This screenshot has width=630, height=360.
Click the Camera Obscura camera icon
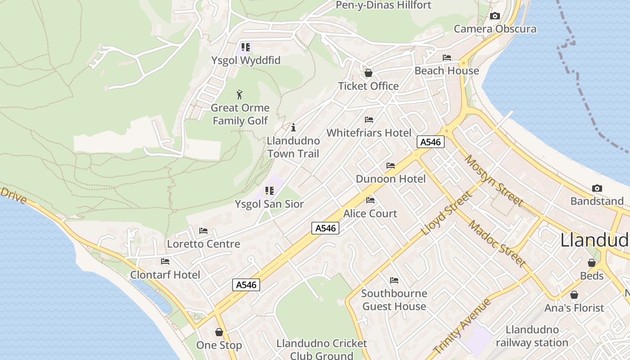click(x=495, y=16)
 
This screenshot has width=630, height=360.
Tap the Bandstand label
click(x=597, y=201)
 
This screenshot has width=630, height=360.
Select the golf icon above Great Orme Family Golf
click(x=239, y=94)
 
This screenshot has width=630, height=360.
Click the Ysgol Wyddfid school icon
click(x=245, y=47)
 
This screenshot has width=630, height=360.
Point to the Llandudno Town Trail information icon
click(x=293, y=127)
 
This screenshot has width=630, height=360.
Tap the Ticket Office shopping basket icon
click(x=369, y=73)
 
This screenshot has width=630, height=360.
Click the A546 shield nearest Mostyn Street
click(x=431, y=142)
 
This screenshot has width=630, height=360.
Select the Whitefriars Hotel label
click(x=369, y=133)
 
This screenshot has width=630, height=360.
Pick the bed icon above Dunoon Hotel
click(x=391, y=166)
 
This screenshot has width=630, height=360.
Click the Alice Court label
click(x=370, y=213)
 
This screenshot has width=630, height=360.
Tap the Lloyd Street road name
click(x=447, y=213)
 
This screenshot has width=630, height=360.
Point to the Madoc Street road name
click(x=497, y=243)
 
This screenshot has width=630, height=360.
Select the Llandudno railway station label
click(x=532, y=336)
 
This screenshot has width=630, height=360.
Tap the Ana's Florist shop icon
click(x=574, y=295)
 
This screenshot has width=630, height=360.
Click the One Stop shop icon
click(x=219, y=332)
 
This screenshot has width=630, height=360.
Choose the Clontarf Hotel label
click(x=165, y=274)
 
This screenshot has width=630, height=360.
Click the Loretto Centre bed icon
click(x=203, y=231)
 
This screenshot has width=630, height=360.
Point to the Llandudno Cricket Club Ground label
click(x=321, y=349)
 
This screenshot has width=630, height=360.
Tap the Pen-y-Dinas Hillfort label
click(x=383, y=5)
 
